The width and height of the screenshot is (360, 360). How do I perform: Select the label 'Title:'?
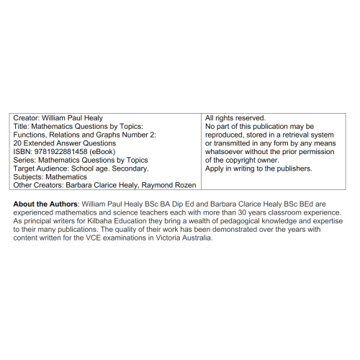coord(22,126)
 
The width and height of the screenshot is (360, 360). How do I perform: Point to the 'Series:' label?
coord(25,160)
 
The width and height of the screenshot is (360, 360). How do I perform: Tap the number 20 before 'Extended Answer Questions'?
coord(18,143)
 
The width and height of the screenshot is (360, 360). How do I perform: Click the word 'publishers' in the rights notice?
coord(292,168)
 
